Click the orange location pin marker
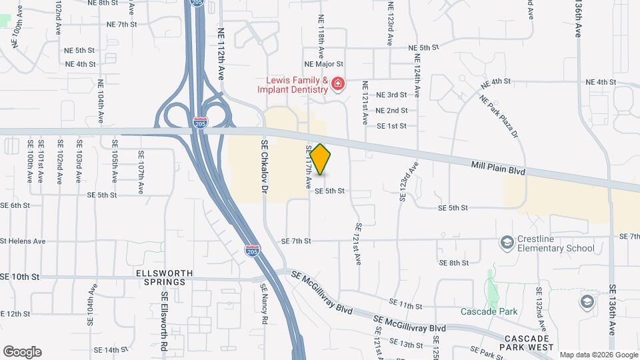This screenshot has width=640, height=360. coord(321,159)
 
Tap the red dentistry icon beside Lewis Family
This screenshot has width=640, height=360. coord(338,84)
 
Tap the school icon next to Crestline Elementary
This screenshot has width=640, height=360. coord(507,242)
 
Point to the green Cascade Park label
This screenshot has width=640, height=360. coord(488,311)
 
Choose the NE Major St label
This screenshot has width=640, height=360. coord(323,65)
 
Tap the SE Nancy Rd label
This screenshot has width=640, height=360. coord(264,303)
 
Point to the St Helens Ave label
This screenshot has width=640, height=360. coord(23,241)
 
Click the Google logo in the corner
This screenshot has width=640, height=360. coord(22,352)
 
